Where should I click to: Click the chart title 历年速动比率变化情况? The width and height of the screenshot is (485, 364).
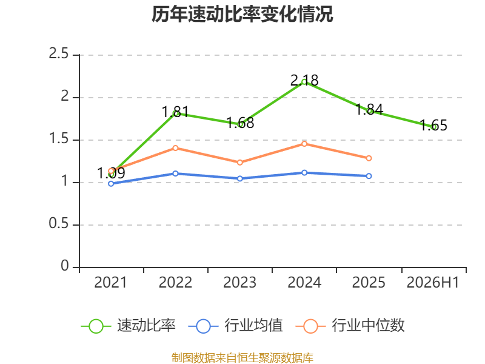[242, 14]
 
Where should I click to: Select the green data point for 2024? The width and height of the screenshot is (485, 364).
[304, 83]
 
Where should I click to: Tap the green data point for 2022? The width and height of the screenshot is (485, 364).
[175, 113]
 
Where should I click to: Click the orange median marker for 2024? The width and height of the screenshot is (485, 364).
[304, 144]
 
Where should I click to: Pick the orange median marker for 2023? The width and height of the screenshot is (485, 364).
[239, 163]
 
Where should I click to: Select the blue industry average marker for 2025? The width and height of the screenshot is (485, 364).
[369, 176]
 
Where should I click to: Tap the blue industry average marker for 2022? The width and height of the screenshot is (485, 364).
[175, 174]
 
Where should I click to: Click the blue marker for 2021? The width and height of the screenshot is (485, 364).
[111, 184]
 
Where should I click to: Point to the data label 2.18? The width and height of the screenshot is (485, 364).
[304, 81]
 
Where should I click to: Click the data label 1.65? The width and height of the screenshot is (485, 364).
[433, 126]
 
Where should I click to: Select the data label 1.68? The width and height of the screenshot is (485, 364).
[240, 123]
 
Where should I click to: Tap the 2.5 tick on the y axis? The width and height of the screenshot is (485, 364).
[59, 53]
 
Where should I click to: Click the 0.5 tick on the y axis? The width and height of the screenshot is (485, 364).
[59, 223]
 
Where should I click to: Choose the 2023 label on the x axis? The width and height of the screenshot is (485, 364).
[239, 282]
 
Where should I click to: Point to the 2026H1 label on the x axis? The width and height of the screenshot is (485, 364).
[433, 282]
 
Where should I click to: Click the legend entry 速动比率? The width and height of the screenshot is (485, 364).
[129, 326]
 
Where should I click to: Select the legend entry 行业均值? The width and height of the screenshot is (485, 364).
[235, 326]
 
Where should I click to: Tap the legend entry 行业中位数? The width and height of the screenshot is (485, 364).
[350, 326]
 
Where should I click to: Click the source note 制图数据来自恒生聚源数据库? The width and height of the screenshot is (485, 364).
[242, 357]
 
